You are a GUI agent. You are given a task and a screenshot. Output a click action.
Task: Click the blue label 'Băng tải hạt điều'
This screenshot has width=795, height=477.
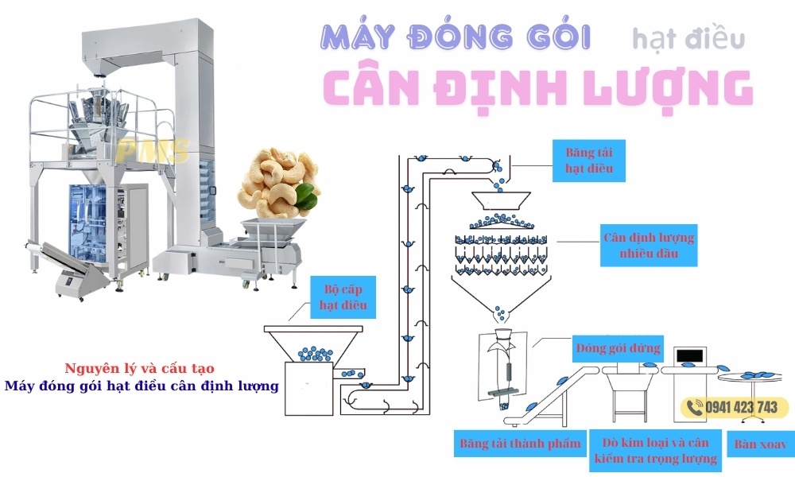(x=590, y=159)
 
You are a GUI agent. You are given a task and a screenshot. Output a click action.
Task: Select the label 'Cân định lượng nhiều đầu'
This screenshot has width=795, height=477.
(x=648, y=246)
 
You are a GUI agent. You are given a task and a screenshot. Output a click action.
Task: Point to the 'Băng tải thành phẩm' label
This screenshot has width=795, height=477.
(x=520, y=443)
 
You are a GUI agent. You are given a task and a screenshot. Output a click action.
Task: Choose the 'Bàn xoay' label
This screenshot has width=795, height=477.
(x=761, y=443)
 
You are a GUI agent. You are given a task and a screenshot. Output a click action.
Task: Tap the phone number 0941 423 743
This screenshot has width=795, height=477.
(x=741, y=407)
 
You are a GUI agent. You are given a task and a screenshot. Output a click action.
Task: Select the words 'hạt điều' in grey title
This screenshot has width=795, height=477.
(x=688, y=37)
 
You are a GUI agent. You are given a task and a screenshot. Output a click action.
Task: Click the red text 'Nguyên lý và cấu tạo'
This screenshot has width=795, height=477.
(x=139, y=369)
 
